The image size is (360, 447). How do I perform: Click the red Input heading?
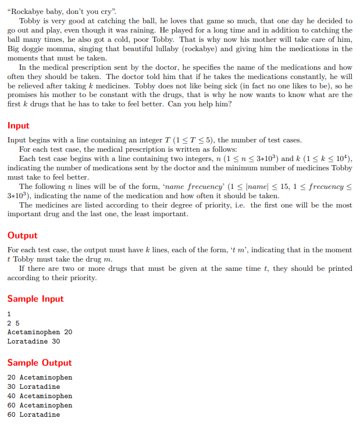pyautogui.click(x=18, y=126)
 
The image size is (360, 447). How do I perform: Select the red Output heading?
pyautogui.click(x=22, y=235)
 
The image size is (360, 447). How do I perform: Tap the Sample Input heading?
pyautogui.click(x=35, y=299)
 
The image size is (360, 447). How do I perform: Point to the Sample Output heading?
pyautogui.click(x=40, y=363)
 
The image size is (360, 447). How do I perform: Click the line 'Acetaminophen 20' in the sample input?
pyautogui.click(x=40, y=332)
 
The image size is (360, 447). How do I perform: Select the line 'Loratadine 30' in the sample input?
pyautogui.click(x=33, y=341)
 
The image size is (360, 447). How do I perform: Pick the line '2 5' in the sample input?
pyautogui.click(x=13, y=323)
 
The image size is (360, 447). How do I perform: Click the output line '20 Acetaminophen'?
pyautogui.click(x=40, y=377)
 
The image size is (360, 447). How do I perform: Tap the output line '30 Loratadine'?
pyautogui.click(x=33, y=387)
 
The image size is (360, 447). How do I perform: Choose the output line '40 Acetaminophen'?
pyautogui.click(x=40, y=396)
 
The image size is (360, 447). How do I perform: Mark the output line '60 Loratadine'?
pyautogui.click(x=33, y=414)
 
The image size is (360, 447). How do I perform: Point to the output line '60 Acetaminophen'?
pyautogui.click(x=40, y=405)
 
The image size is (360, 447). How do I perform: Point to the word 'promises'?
pyautogui.click(x=22, y=95)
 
